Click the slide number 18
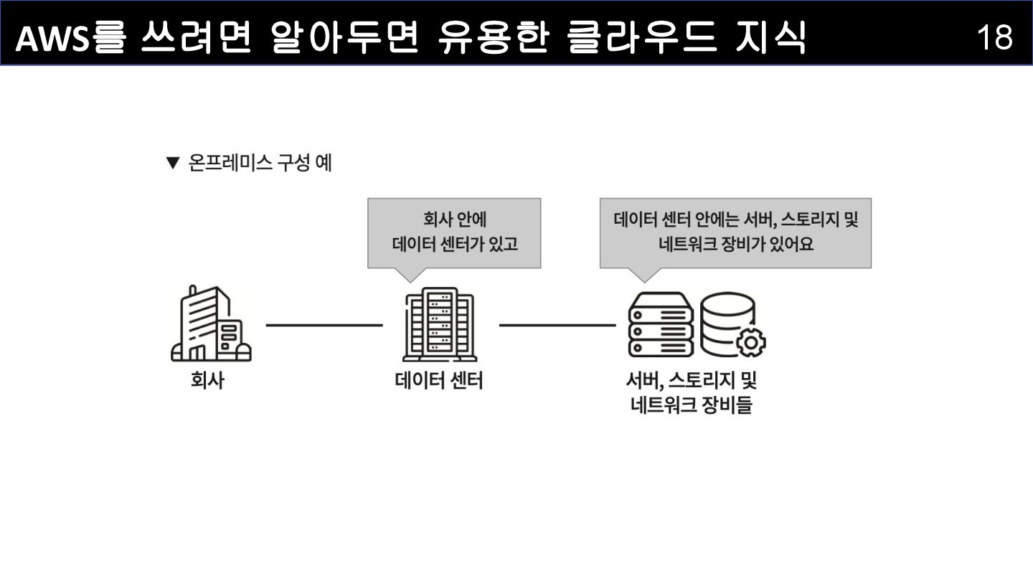tap(994, 37)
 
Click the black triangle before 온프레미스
tap(171, 164)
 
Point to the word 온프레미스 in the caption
tap(230, 164)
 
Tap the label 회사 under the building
tap(207, 380)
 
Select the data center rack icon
tap(439, 324)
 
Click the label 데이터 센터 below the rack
tap(439, 380)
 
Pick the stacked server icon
tap(661, 324)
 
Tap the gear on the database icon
tap(751, 342)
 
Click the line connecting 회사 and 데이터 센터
tap(324, 325)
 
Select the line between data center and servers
tap(557, 325)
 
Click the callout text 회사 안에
tap(454, 219)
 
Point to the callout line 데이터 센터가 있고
tap(455, 245)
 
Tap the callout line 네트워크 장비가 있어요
tap(736, 245)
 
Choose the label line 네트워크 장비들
tap(692, 406)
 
